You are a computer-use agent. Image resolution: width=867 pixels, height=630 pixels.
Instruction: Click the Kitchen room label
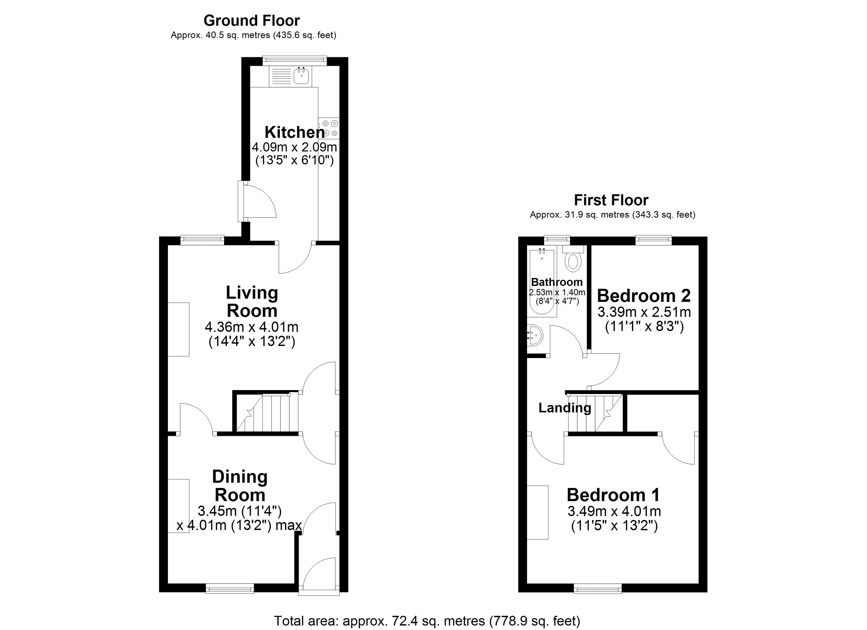pos(294,132)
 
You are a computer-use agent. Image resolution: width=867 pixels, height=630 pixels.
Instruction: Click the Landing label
pos(564,408)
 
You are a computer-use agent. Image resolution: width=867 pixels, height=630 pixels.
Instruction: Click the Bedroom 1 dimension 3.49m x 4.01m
pos(614,511)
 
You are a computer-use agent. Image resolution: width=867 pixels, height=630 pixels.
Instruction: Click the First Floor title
pos(611,200)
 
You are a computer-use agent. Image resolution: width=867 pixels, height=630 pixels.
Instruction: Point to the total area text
pos(427,621)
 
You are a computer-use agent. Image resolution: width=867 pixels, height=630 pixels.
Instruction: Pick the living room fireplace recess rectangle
pos(178,329)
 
